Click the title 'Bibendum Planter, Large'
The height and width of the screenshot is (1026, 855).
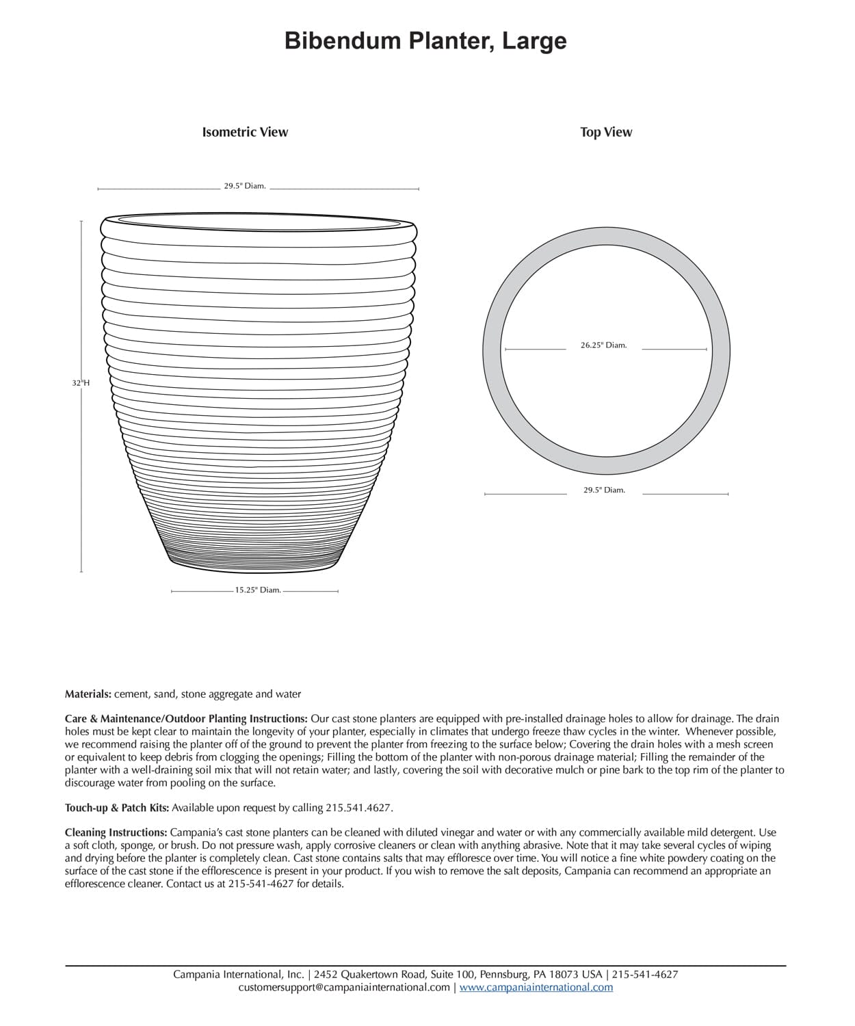click(x=425, y=41)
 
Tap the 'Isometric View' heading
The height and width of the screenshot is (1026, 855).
click(x=245, y=132)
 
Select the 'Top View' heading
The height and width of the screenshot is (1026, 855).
click(x=606, y=132)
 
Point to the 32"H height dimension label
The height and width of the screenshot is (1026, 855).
click(x=81, y=383)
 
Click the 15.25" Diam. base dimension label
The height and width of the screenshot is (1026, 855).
click(x=258, y=590)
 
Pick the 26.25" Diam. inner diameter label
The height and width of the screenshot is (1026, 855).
click(x=603, y=345)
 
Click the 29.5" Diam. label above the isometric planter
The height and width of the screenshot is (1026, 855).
click(x=245, y=186)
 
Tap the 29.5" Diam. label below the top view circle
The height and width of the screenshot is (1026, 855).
click(x=604, y=490)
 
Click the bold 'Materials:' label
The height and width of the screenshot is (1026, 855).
click(x=88, y=694)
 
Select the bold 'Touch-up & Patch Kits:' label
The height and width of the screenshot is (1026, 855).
click(x=117, y=808)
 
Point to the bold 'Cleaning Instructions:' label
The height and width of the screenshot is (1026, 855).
click(x=116, y=832)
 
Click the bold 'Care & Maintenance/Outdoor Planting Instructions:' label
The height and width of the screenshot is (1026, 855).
click(x=186, y=719)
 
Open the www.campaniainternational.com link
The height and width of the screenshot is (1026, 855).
click(x=536, y=987)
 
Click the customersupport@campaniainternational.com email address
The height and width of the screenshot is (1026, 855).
click(x=344, y=987)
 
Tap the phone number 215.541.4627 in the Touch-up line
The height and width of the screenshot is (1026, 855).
click(x=358, y=808)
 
